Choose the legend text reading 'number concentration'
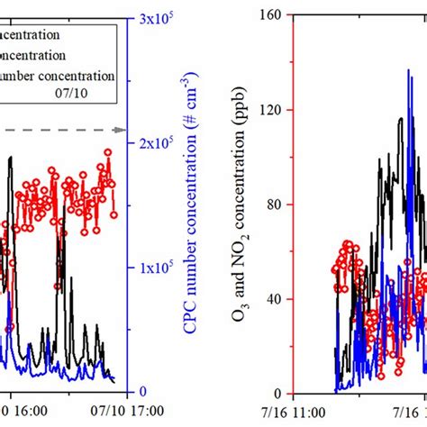pos(59,75)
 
